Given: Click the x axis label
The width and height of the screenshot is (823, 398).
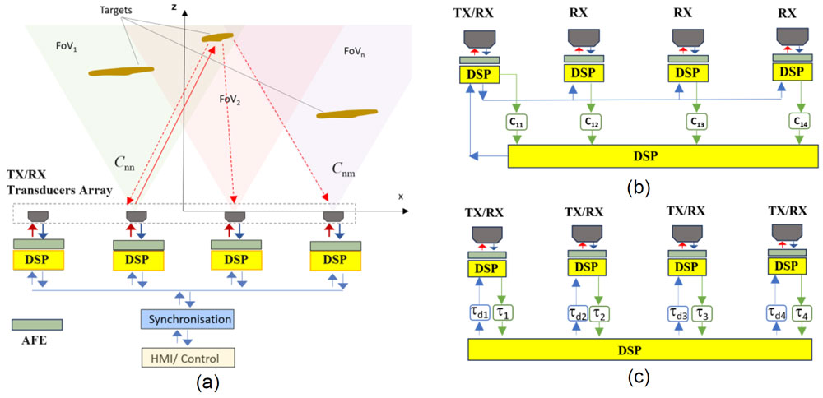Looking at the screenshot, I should click(401, 197).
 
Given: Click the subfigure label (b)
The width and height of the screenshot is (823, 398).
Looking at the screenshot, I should click(638, 186).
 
